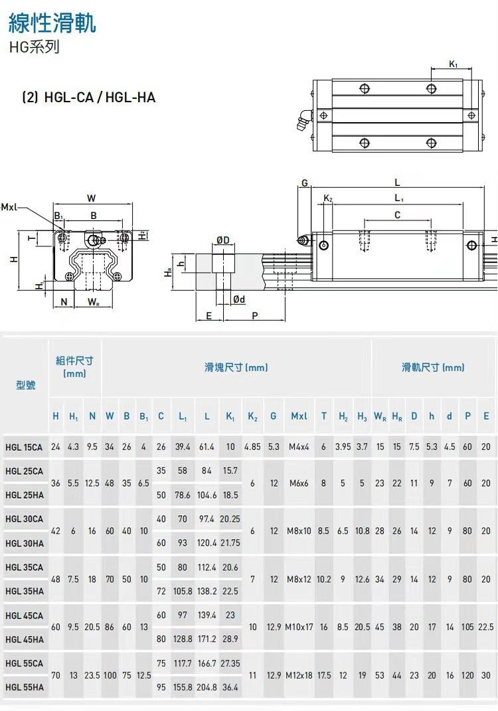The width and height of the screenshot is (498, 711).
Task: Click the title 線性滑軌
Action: point(52,23)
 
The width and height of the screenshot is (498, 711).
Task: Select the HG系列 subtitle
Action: point(34,46)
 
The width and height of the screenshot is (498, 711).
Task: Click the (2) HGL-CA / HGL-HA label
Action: point(89,98)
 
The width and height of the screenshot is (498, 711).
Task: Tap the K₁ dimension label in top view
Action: point(453,64)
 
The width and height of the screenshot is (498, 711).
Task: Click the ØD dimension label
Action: point(222,240)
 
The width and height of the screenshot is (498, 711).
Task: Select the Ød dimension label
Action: point(239,299)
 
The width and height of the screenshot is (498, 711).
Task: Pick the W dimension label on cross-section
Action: point(91,198)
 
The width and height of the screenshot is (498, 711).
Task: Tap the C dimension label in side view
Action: point(397,215)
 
